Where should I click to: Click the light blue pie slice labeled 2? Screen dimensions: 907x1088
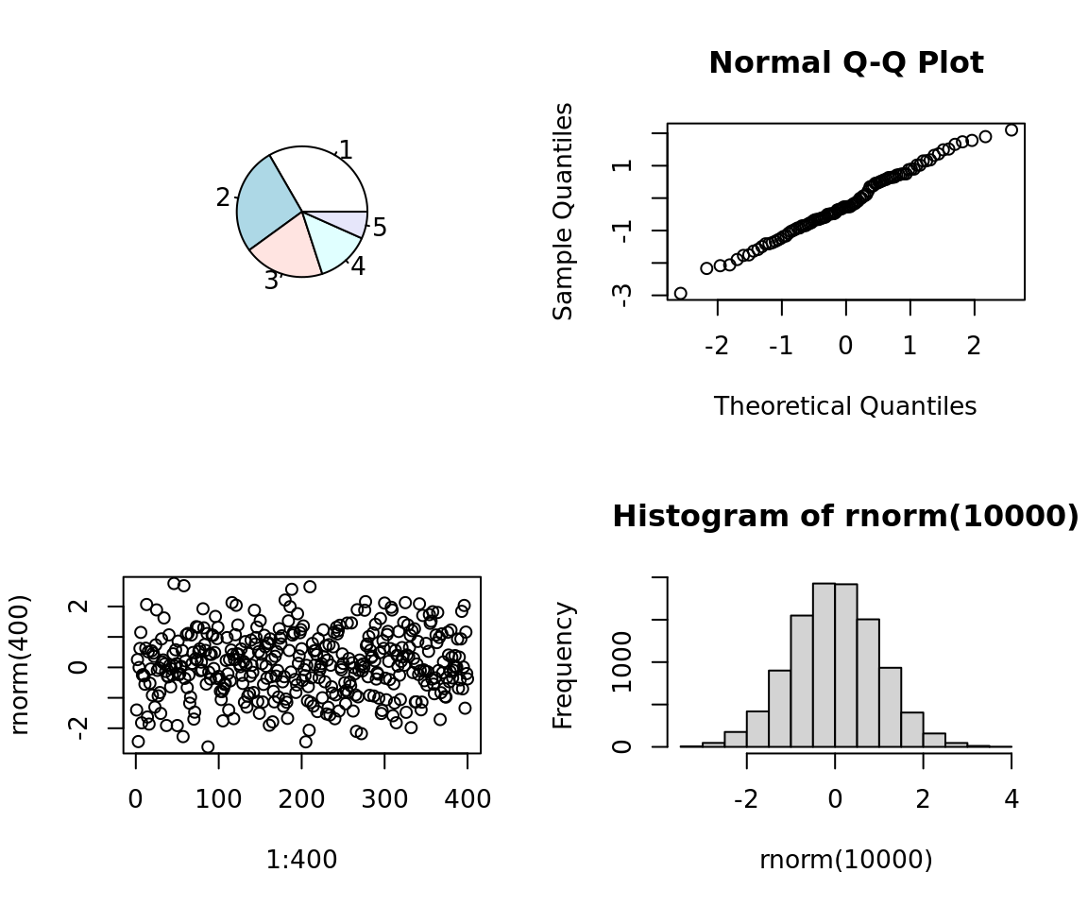[x=265, y=202]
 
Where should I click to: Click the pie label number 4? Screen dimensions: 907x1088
[x=358, y=266]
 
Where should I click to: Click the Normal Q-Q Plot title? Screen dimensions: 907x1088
[x=845, y=63]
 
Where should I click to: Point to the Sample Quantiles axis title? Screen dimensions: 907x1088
[x=564, y=212]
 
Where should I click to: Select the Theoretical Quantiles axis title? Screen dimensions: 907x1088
[x=845, y=406]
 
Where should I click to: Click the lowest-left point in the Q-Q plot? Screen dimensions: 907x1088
[x=680, y=294]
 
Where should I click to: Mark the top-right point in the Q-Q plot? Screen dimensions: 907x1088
[x=1011, y=129]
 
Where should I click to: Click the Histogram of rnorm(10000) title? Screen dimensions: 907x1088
[x=845, y=517]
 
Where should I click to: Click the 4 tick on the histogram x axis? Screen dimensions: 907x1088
[x=1011, y=798]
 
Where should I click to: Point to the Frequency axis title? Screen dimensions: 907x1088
[x=564, y=664]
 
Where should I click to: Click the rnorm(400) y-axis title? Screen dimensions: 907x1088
[x=20, y=664]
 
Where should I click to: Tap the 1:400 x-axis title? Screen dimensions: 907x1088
[x=301, y=860]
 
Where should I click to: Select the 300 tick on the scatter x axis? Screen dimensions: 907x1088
[x=384, y=798]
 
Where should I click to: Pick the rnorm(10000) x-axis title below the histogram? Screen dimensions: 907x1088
[x=845, y=860]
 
